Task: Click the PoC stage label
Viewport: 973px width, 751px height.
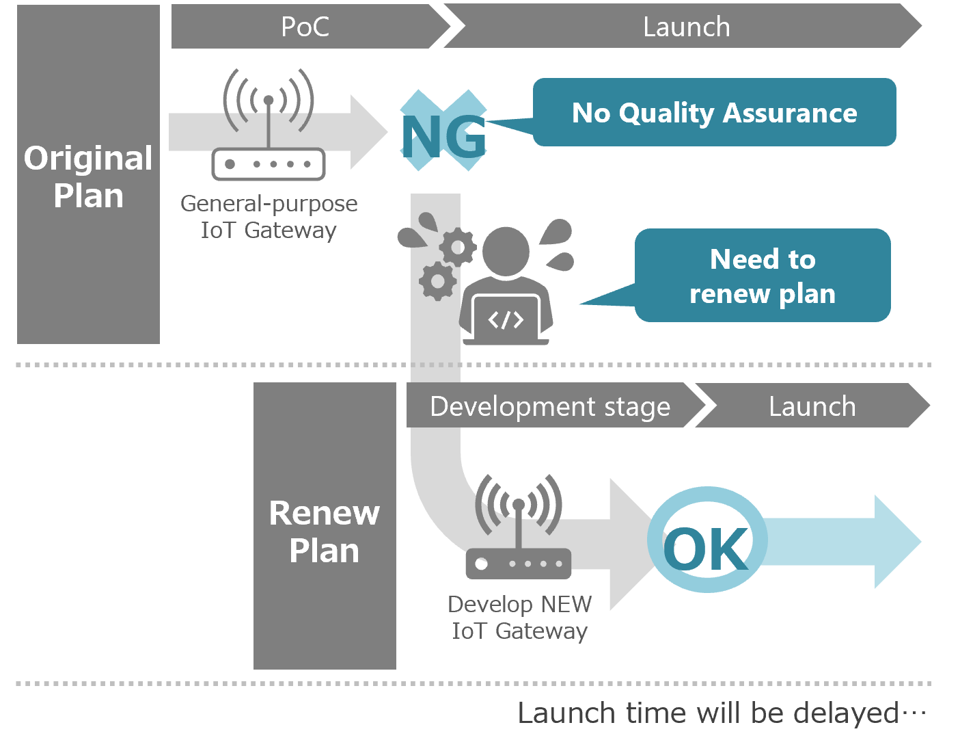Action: coord(305,27)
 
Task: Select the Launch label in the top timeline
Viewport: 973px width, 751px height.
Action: coord(686,27)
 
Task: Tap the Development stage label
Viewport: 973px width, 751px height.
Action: coord(550,406)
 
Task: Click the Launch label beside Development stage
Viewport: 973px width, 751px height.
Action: coord(812,406)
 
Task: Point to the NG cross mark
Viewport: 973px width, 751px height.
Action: coord(443,131)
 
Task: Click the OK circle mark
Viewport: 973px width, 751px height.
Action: coord(707,540)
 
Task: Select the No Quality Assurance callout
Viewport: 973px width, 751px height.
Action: coord(714,112)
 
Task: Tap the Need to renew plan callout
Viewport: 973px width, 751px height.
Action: coord(763,276)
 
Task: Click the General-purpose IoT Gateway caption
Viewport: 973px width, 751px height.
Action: coord(269,216)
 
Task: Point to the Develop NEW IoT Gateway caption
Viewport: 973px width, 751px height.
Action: coord(519,617)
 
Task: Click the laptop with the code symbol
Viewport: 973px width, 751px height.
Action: coord(506,319)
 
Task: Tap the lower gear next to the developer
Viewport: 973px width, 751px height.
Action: coord(437,280)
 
